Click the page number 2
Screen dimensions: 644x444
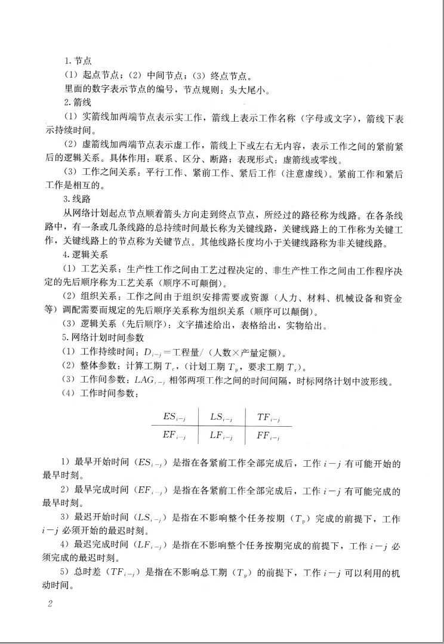coord(50,603)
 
